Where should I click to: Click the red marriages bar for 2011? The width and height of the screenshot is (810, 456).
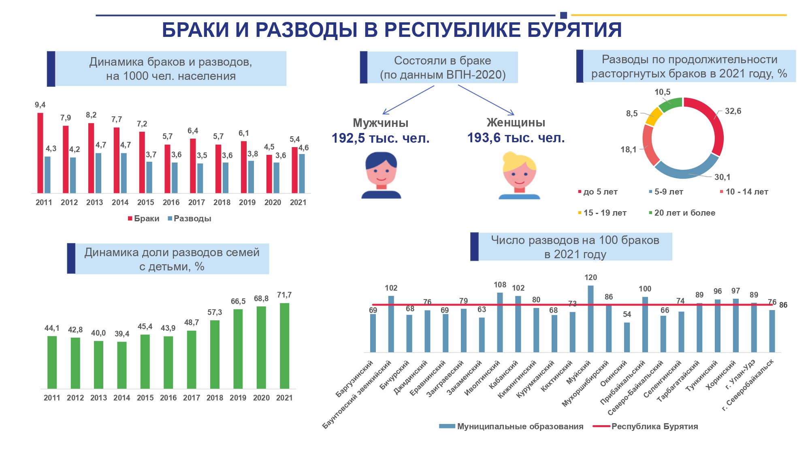tap(40, 153)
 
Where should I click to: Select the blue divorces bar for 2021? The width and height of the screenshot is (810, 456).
tap(302, 173)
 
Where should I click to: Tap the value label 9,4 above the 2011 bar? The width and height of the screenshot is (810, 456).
tap(40, 105)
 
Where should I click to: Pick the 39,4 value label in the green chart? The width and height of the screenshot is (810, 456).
tap(122, 334)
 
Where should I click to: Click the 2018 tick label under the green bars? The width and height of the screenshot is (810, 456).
tap(215, 398)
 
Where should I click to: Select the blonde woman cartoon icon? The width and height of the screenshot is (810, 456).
tap(519, 176)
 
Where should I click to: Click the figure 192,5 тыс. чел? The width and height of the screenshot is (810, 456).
tap(380, 139)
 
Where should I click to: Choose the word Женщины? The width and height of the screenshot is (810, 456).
tap(516, 122)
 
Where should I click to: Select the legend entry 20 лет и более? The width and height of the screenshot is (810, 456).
tap(684, 213)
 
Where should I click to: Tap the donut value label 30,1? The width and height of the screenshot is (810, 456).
tap(722, 177)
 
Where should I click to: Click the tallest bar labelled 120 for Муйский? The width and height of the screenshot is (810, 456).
tap(590, 319)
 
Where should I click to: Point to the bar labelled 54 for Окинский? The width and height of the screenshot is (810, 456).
tap(627, 337)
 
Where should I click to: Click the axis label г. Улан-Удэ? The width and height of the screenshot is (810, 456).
tap(740, 375)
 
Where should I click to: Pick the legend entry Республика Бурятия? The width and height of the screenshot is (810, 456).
tap(654, 426)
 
